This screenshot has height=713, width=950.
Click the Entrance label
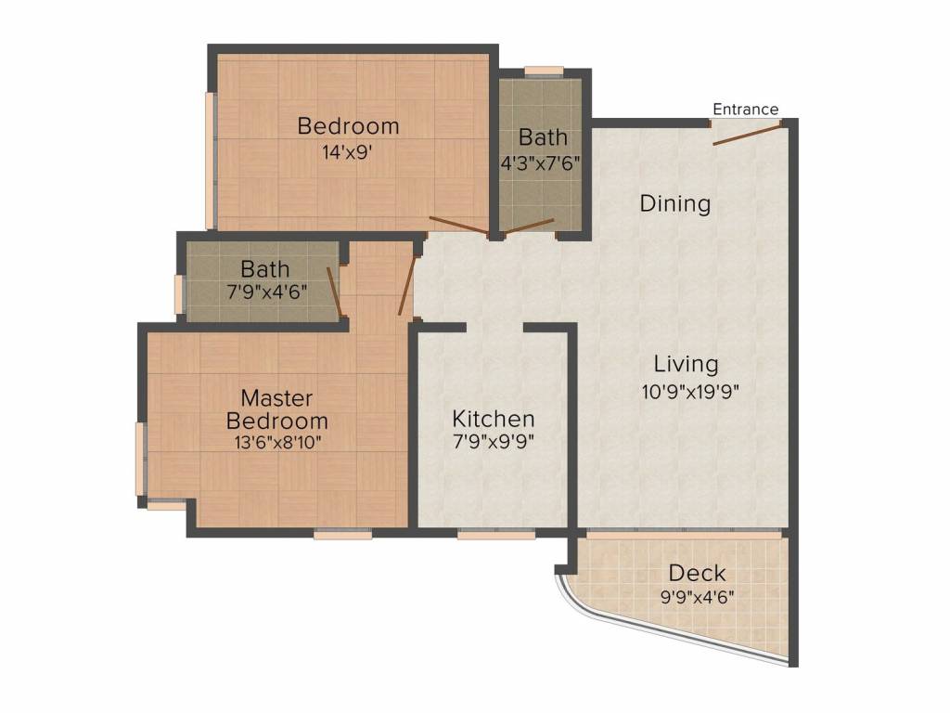[745, 110]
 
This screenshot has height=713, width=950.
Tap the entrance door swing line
[749, 133]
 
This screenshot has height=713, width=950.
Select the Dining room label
[675, 203]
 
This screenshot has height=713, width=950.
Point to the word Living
[685, 363]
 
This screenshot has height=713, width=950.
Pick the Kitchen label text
[493, 418]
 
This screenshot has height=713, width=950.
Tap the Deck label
[697, 572]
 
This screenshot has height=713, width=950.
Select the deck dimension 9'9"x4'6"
[697, 596]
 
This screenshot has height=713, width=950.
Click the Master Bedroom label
[277, 409]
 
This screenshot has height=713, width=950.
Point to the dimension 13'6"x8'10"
[277, 442]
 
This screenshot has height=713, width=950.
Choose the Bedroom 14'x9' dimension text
[348, 152]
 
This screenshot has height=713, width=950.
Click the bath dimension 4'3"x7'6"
[541, 161]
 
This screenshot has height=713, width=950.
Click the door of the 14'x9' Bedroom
[459, 226]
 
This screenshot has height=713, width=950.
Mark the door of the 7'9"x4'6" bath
[338, 292]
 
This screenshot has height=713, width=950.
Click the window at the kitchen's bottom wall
[489, 534]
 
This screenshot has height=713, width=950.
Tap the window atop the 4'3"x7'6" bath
[544, 71]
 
